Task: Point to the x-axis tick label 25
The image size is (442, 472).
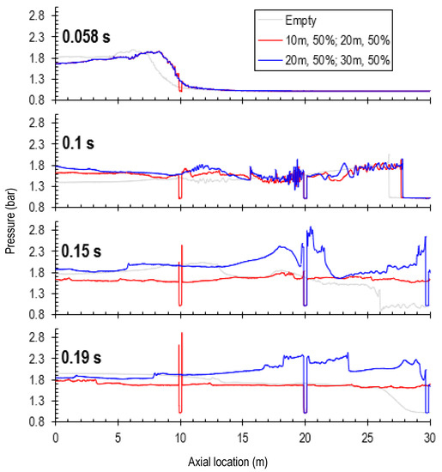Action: click(x=367, y=437)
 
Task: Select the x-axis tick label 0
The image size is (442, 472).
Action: click(x=56, y=437)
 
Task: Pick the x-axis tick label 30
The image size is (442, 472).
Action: click(x=429, y=437)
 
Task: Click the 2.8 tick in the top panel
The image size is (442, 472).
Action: click(x=37, y=16)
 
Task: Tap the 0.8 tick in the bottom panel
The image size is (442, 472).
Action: click(x=37, y=422)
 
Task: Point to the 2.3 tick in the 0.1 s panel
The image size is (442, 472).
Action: click(x=37, y=144)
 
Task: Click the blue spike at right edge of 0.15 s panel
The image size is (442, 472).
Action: click(x=426, y=237)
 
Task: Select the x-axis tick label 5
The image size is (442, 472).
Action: click(x=118, y=437)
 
